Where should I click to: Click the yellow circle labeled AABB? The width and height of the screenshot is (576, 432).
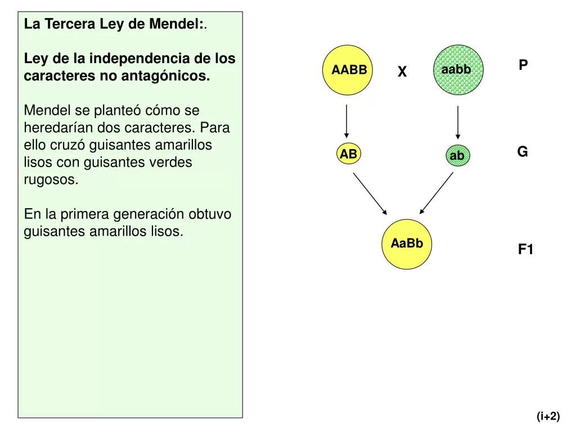pyautogui.click(x=348, y=70)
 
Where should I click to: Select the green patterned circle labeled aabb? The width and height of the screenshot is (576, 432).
pyautogui.click(x=458, y=70)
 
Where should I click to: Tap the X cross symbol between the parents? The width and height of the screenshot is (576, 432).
pyautogui.click(x=402, y=72)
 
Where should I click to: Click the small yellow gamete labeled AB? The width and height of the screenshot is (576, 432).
pyautogui.click(x=348, y=154)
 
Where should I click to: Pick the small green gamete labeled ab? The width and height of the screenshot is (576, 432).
pyautogui.click(x=457, y=156)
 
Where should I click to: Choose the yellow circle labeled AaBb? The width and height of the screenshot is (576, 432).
pyautogui.click(x=407, y=244)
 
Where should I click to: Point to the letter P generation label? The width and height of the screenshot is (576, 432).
pyautogui.click(x=523, y=65)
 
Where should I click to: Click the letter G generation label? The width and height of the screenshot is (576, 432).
pyautogui.click(x=523, y=152)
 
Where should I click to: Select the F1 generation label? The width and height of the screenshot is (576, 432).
pyautogui.click(x=525, y=250)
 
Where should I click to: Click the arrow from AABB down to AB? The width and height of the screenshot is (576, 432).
pyautogui.click(x=346, y=121)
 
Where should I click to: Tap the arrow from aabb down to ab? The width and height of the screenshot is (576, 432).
pyautogui.click(x=458, y=121)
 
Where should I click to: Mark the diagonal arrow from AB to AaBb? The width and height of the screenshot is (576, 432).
pyautogui.click(x=370, y=193)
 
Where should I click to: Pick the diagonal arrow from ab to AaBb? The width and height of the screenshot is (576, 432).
pyautogui.click(x=436, y=192)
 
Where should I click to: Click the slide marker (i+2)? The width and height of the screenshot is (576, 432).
pyautogui.click(x=548, y=416)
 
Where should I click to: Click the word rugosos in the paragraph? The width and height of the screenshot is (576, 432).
pyautogui.click(x=49, y=180)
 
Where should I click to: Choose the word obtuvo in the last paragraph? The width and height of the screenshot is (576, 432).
pyautogui.click(x=209, y=214)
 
